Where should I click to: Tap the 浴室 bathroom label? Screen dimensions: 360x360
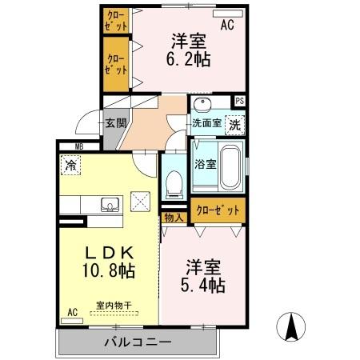click(206, 165)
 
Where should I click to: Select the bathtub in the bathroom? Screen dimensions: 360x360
click(232, 166)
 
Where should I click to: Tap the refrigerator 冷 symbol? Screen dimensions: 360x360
click(71, 166)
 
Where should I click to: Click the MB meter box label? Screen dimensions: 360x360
click(78, 146)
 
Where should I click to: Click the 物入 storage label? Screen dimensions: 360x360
click(174, 217)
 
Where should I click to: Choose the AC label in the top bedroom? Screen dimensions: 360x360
click(227, 26)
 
